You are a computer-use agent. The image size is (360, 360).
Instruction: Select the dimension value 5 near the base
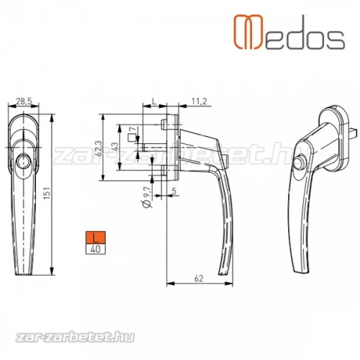[x=175, y=192]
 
